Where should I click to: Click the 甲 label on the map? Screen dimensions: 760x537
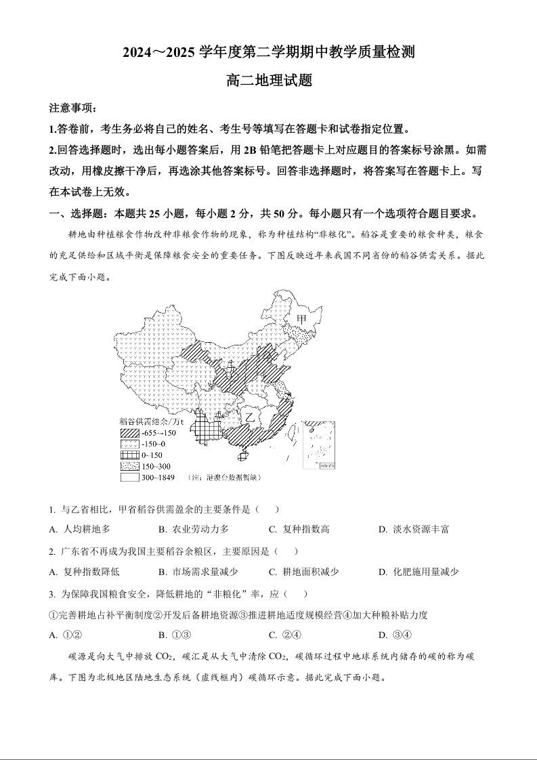click(301, 319)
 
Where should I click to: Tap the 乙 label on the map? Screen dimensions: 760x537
click(250, 415)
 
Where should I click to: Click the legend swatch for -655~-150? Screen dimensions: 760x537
click(129, 433)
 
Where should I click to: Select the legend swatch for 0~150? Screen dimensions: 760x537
click(129, 455)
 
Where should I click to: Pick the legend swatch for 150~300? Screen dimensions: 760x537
click(129, 467)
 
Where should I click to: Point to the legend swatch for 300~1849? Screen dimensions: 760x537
click(129, 478)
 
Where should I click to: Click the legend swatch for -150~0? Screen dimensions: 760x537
click(129, 444)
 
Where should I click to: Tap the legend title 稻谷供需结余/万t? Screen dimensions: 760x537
click(151, 421)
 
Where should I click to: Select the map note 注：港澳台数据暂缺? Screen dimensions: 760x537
click(223, 478)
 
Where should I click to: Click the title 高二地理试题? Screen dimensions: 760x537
click(269, 80)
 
